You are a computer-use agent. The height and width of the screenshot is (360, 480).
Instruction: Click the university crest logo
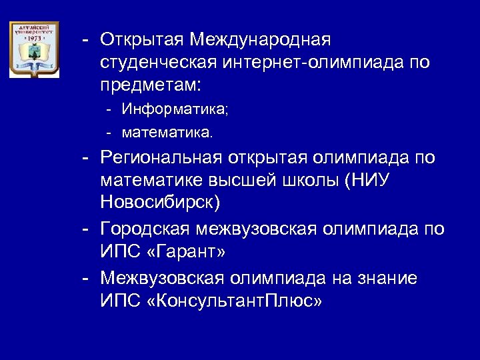(33, 49)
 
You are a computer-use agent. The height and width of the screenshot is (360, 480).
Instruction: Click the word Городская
(145, 229)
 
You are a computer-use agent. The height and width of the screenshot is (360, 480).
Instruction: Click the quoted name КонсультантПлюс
(235, 301)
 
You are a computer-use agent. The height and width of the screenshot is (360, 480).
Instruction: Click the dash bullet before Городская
(85, 229)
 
